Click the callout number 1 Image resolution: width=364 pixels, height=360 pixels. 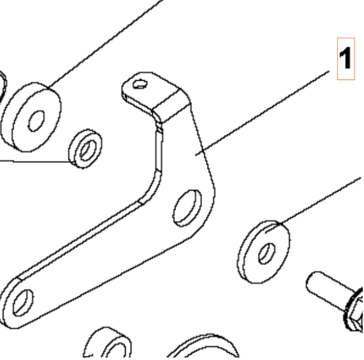click(346, 59)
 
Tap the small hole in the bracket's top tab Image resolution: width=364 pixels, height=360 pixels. click(140, 83)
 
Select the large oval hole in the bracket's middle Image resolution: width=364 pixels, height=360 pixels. click(187, 208)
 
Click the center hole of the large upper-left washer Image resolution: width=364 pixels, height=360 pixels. click(36, 120)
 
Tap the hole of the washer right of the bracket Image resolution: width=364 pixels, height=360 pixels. click(267, 253)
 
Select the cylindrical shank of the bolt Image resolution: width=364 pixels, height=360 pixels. click(326, 288)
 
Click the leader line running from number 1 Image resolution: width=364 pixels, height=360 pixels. click(265, 111)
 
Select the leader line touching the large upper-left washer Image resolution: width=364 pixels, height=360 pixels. click(105, 43)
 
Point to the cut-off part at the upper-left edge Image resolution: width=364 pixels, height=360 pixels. click(2, 83)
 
